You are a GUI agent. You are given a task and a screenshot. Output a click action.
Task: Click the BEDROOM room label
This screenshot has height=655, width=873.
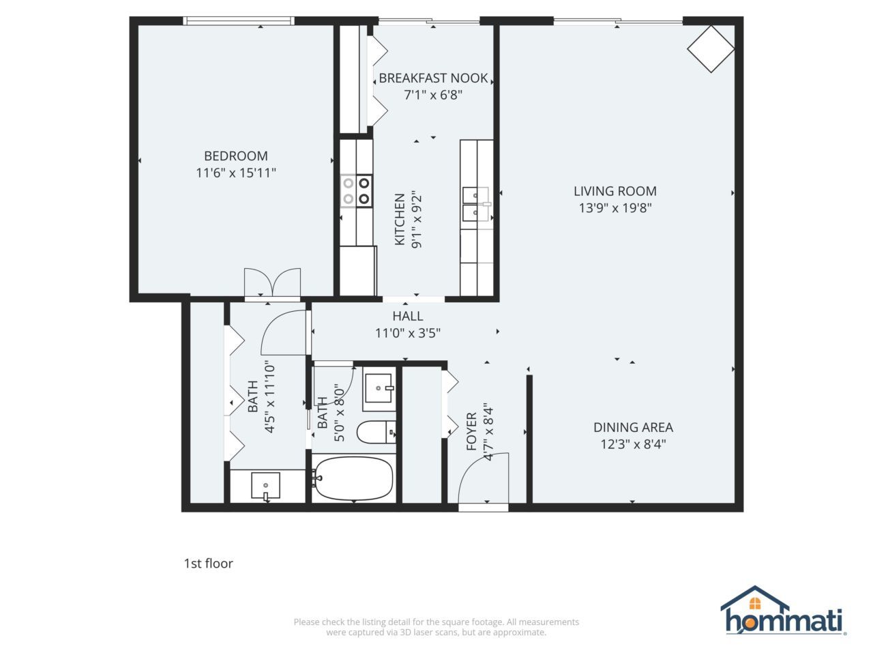point(236,156)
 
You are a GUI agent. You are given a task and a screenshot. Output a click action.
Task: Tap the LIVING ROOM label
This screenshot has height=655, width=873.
point(615,191)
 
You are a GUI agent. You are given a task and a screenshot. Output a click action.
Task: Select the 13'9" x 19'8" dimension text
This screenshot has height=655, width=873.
point(615,208)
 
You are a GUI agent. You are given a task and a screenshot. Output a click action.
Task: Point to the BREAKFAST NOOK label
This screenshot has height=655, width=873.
point(433,78)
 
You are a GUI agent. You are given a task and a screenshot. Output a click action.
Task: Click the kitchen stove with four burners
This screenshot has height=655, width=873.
point(357,190)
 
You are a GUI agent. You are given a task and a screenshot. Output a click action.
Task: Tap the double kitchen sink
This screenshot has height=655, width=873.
point(476,205)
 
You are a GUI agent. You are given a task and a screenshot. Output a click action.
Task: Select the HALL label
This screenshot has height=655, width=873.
point(407,316)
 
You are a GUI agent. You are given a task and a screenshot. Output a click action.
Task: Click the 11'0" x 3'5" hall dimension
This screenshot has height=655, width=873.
point(407,334)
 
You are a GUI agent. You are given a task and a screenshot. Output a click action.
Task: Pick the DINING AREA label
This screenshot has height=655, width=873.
point(633,427)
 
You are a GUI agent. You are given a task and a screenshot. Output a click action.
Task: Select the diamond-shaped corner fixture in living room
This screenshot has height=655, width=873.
point(711,48)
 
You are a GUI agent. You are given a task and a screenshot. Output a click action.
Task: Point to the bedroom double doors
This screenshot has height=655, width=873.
point(272,283)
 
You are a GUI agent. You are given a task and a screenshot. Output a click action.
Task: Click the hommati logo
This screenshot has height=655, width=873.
point(784,612)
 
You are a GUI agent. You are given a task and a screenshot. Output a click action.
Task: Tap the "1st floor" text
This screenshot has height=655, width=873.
point(208,563)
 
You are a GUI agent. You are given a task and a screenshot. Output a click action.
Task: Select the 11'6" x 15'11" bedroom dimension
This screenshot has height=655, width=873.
point(236,173)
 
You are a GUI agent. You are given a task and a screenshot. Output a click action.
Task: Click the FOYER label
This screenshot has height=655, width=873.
point(471,431)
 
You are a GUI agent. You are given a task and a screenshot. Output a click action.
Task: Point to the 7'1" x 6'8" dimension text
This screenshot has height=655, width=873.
point(433,95)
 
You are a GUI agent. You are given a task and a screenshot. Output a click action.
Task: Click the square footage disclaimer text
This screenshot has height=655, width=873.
point(436,627)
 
